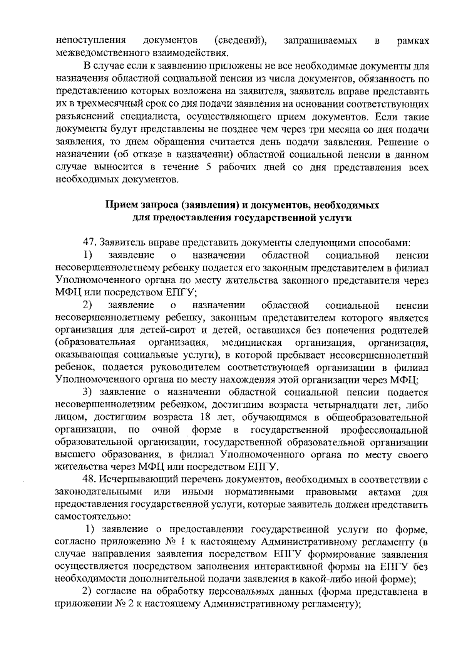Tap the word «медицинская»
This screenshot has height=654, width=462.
[x=252, y=342]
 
